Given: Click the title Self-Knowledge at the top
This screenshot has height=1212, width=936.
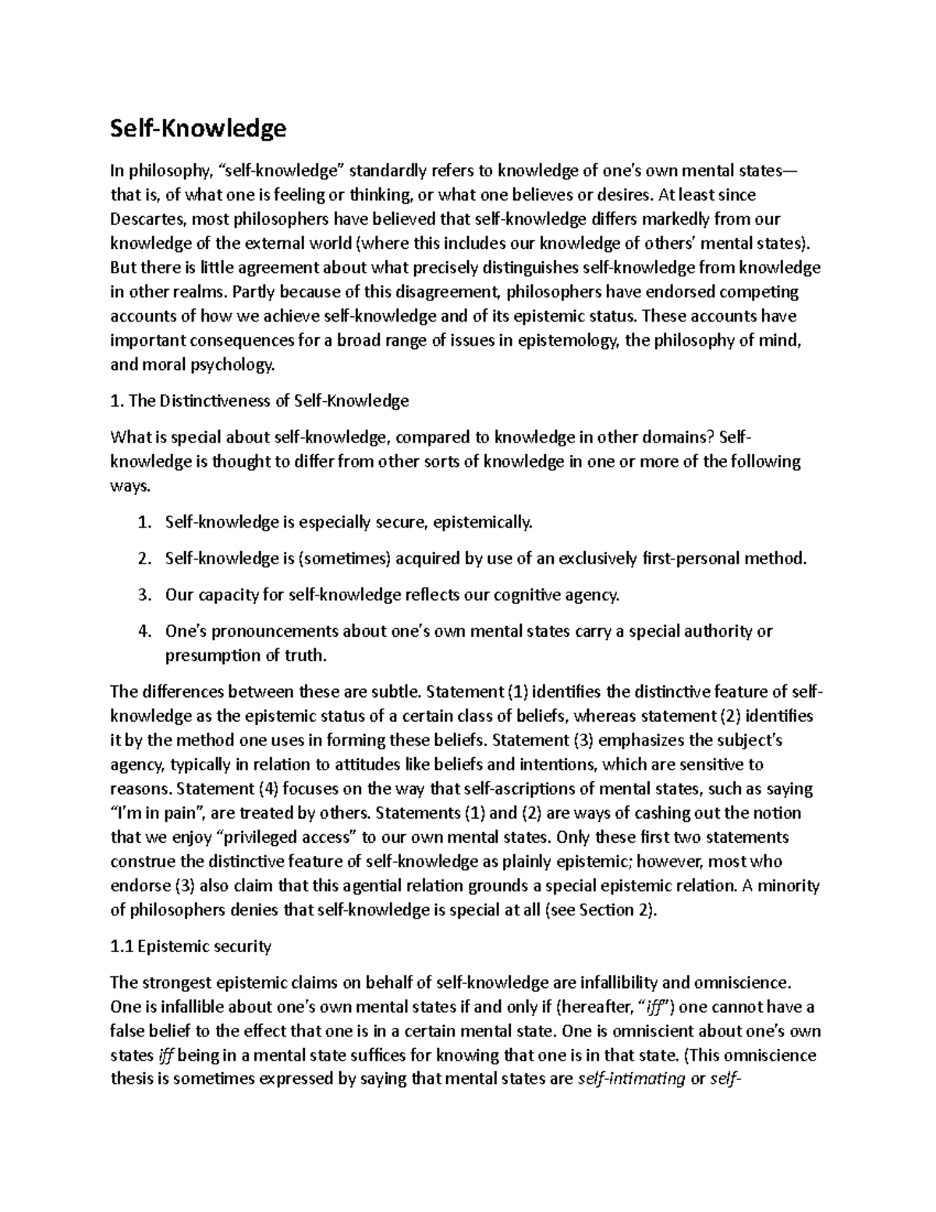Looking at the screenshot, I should [x=198, y=128].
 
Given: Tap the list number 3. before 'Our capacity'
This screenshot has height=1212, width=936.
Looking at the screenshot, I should [x=143, y=595].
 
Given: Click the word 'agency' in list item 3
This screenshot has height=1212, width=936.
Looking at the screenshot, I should [x=594, y=595].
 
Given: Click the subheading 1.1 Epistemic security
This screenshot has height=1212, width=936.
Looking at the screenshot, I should [x=191, y=947].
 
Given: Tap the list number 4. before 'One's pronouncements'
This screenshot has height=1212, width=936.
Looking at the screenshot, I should [x=143, y=631].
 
